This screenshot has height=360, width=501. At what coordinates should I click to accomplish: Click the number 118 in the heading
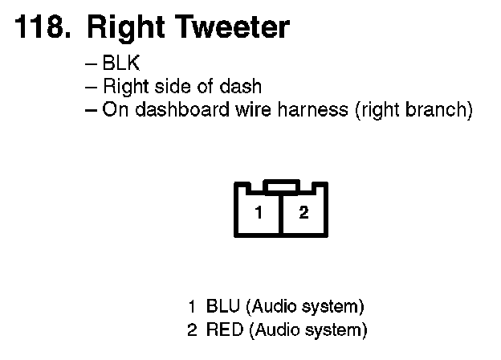(40, 28)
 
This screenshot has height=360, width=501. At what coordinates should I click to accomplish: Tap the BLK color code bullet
(121, 64)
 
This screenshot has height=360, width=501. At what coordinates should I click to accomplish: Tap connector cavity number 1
(258, 213)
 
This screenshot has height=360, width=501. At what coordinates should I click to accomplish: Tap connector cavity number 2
(303, 213)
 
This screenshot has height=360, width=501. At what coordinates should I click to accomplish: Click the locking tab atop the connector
(281, 186)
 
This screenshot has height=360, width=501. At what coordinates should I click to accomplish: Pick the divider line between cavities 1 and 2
(281, 215)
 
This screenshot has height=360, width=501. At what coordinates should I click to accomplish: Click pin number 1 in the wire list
(192, 306)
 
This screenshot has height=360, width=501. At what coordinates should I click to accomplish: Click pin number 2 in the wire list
(192, 329)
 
